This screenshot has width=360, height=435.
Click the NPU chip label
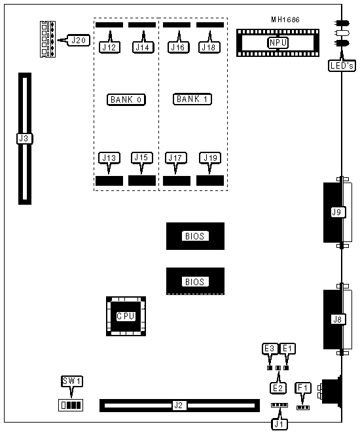(278, 43)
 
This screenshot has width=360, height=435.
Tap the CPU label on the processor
(126, 316)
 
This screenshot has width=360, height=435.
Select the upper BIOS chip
(195, 236)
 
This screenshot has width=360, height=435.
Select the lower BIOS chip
(195, 281)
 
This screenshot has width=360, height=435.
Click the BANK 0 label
(126, 99)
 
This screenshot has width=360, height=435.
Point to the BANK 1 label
(192, 99)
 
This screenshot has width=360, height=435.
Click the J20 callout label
(79, 40)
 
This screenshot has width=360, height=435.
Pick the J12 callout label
(109, 47)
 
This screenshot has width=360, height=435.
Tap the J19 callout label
(210, 158)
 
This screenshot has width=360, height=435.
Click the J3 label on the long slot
(24, 139)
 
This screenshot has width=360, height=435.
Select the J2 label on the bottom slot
(178, 406)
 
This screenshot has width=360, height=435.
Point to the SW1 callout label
(72, 381)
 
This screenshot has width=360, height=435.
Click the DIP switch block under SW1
(71, 406)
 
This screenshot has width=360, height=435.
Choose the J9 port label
(337, 212)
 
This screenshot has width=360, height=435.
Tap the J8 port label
(338, 320)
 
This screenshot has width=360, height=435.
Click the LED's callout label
(342, 66)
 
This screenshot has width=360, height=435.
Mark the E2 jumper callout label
(278, 388)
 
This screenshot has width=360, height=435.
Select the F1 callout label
(303, 387)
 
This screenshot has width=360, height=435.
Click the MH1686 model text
(285, 20)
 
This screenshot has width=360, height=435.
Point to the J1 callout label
(279, 424)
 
